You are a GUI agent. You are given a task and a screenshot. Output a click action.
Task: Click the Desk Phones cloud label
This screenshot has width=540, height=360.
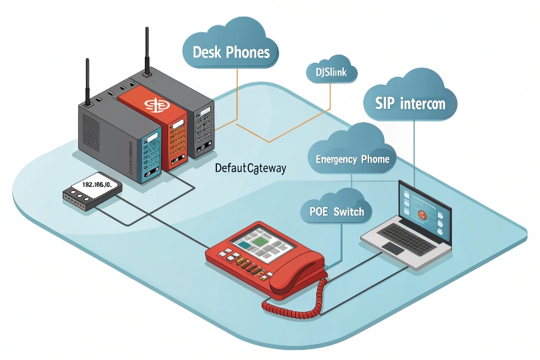tap(230, 51)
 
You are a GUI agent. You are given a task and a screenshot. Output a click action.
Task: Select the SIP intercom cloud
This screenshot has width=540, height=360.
tap(411, 104)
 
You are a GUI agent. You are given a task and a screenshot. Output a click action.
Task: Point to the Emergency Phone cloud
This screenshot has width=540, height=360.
tap(352, 159)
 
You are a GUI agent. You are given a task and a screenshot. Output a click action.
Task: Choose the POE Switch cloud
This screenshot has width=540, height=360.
tap(337, 212)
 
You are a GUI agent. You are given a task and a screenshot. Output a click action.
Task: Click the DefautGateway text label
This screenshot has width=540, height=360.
tap(251, 168)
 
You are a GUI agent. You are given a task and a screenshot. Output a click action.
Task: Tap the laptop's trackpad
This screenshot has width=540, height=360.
tap(393, 248)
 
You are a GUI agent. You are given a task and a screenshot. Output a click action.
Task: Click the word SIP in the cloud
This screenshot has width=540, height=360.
tap(378, 104)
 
